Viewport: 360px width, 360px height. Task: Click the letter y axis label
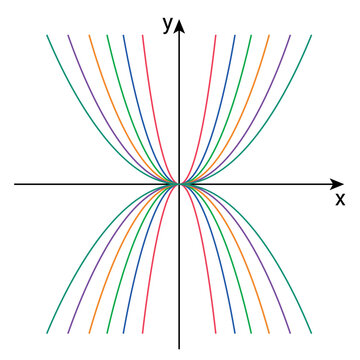coord(167,25)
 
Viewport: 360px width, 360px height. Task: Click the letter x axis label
coord(340,199)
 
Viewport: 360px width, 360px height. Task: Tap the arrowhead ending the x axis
coord(337,184)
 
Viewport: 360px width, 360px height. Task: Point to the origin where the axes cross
coord(179,184)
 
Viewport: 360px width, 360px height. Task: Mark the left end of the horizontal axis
coord(15,184)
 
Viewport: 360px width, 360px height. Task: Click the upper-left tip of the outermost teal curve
coord(46,36)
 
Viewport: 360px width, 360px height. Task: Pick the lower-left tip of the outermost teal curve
coord(46,332)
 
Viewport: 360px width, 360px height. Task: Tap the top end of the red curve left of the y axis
coord(144,36)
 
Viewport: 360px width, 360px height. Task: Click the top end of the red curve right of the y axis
coord(214,36)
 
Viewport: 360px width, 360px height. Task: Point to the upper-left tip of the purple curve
coord(68,36)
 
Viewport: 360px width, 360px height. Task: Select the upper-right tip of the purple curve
coord(290,36)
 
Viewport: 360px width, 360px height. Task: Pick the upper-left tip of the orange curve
coord(89,36)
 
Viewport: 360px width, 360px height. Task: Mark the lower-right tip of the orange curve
coord(269,332)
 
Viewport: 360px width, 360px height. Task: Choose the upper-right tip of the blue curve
coord(234,36)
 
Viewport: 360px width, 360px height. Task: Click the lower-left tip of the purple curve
coord(68,332)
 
